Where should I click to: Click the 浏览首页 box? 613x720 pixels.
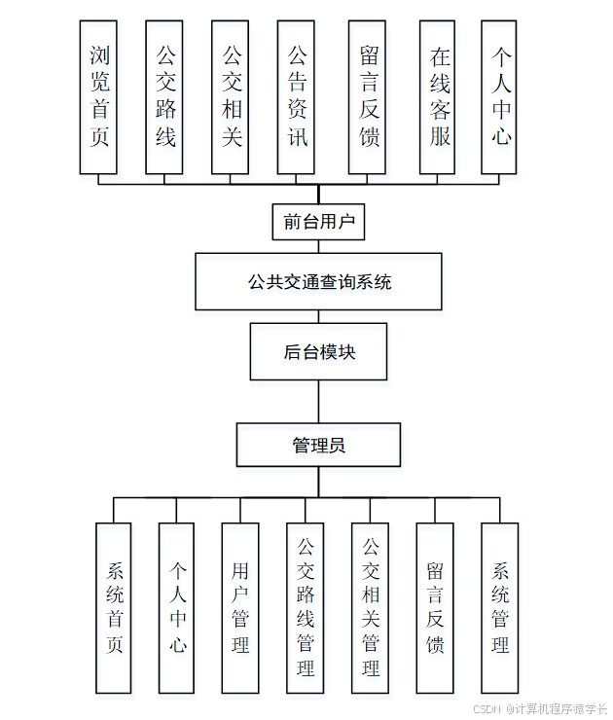pos(98,97)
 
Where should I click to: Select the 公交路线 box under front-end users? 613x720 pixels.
pos(164,97)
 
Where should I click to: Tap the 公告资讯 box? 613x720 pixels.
pos(296,97)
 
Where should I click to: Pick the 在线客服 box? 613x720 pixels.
pos(439,97)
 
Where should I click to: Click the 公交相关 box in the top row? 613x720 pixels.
pos(231,97)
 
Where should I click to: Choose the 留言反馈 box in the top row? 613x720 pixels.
pos(367,97)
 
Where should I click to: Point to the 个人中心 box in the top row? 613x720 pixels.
pos(500,97)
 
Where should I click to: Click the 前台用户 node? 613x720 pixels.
pos(318,222)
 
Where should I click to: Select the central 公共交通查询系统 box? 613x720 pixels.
pos(318,282)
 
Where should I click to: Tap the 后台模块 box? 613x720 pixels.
pos(318,351)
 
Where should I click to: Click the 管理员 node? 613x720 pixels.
pos(318,446)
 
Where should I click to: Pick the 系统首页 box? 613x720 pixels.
pos(114,608)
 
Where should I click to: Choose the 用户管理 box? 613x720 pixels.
pos(240,608)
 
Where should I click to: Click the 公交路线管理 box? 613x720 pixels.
pos(305,608)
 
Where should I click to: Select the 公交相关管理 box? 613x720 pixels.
pos(370,608)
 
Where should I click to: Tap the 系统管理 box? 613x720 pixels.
pos(500,608)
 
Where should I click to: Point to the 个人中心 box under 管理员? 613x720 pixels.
pos(177,608)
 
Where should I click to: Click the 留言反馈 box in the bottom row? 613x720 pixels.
pos(435,608)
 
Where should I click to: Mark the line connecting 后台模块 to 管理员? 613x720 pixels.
pos(318,401)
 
